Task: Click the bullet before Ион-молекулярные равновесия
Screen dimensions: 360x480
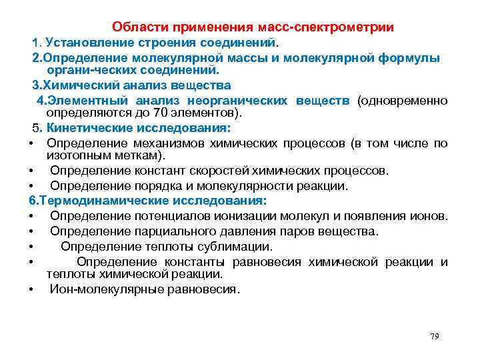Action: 32,290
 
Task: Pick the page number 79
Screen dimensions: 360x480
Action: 435,337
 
